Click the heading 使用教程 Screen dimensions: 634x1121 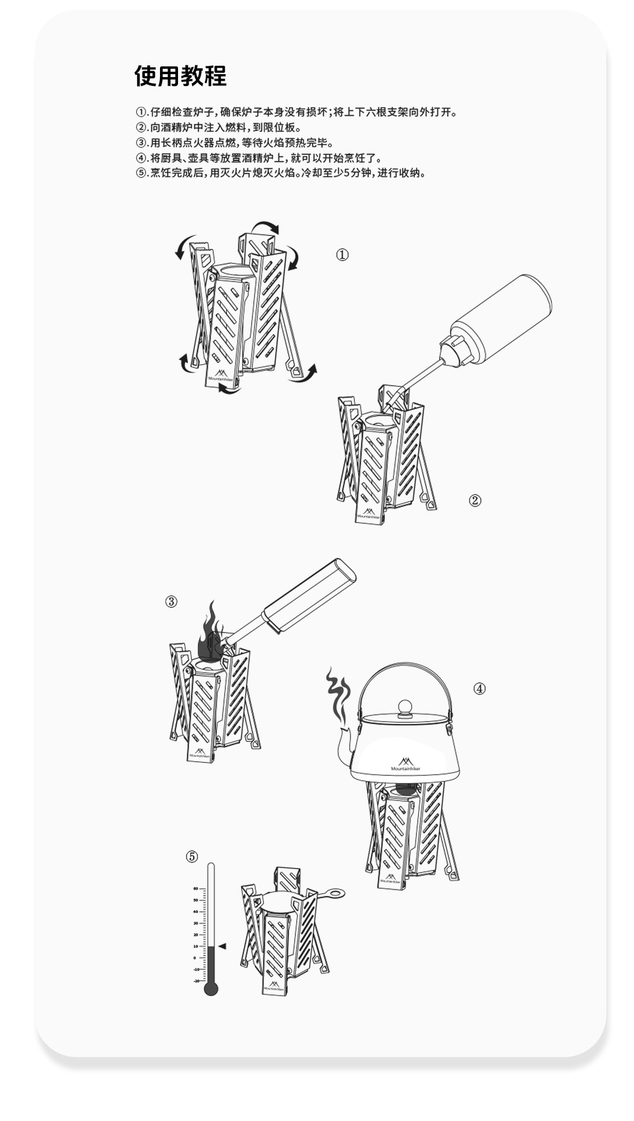tap(180, 76)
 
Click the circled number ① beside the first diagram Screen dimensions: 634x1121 tap(342, 255)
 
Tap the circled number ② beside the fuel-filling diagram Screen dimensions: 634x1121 tap(475, 500)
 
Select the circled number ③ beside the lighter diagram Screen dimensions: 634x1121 tap(171, 601)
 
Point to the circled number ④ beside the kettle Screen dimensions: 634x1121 tap(479, 688)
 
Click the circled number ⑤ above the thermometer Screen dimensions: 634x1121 tap(192, 857)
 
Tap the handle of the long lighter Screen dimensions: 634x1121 tap(309, 596)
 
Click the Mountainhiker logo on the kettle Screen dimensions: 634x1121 tap(405, 765)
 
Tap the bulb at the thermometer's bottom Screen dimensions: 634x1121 tap(211, 989)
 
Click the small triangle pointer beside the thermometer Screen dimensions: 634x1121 tap(222, 946)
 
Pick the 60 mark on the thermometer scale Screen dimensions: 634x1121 tap(196, 889)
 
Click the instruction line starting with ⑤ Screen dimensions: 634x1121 tap(280, 173)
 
